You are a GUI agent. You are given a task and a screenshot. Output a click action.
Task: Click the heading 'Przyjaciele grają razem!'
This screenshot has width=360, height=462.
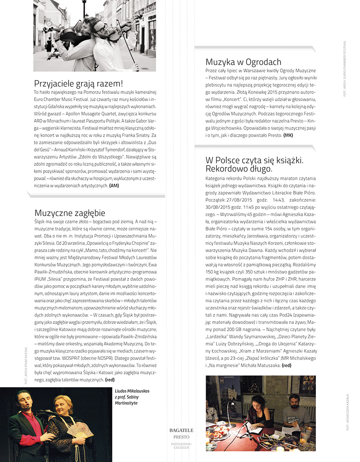point(79,84)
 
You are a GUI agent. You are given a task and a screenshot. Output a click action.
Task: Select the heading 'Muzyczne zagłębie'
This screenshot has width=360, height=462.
point(70,213)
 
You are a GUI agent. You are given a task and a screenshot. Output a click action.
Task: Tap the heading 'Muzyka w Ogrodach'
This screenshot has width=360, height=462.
point(243,62)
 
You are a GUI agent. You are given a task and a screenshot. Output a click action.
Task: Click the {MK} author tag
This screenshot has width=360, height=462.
point(288,135)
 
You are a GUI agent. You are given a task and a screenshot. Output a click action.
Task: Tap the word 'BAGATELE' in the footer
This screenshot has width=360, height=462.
point(181,431)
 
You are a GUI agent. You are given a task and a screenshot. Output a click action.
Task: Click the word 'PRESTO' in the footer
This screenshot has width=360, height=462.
point(182,437)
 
